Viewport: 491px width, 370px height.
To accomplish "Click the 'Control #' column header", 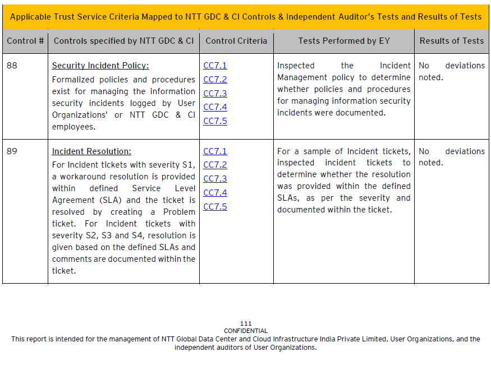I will pyautogui.click(x=25, y=41).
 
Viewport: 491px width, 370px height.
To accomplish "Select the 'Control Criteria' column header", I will pyautogui.click(x=236, y=41).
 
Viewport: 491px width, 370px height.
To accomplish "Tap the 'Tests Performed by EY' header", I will pyautogui.click(x=343, y=41).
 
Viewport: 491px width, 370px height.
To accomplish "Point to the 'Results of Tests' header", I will pyautogui.click(x=451, y=41).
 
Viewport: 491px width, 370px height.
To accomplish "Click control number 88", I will pyautogui.click(x=12, y=66).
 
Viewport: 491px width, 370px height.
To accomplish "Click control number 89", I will pyautogui.click(x=12, y=151).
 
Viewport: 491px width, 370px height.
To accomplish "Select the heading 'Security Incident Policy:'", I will pyautogui.click(x=100, y=66).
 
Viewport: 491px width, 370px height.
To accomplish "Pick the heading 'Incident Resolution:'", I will pyautogui.click(x=91, y=152).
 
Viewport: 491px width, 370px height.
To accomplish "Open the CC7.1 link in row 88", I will pyautogui.click(x=215, y=66).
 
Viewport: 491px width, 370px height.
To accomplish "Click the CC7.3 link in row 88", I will pyautogui.click(x=215, y=94).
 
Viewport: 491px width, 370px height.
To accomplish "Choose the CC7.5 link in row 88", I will pyautogui.click(x=215, y=121).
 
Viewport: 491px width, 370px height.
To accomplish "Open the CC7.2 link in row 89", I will pyautogui.click(x=215, y=165).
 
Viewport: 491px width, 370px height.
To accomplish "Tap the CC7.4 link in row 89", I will pyautogui.click(x=215, y=193).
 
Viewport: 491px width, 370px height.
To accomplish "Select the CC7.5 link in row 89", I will pyautogui.click(x=215, y=207).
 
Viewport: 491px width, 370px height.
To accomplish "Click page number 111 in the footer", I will pyautogui.click(x=246, y=324).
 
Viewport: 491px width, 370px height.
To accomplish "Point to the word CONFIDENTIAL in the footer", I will pyautogui.click(x=246, y=331).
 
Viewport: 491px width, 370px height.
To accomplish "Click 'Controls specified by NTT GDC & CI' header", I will pyautogui.click(x=123, y=41).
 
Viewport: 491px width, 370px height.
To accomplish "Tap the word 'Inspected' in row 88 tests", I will pyautogui.click(x=296, y=66).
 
